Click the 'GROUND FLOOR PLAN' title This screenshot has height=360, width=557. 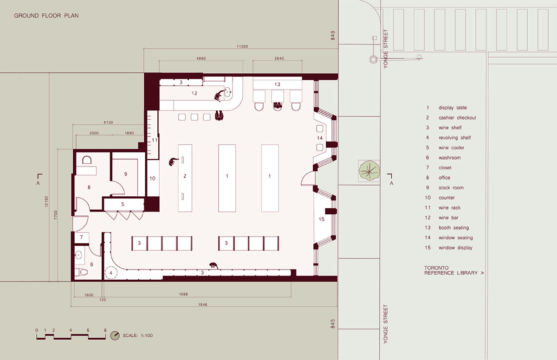[46, 16]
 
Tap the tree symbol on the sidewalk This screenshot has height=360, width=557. [369, 170]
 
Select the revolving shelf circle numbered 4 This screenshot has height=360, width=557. [111, 273]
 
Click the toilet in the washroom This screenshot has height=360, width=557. [82, 272]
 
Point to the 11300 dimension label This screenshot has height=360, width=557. [242, 46]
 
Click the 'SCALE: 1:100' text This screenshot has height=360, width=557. [138, 335]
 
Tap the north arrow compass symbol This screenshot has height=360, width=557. [115, 335]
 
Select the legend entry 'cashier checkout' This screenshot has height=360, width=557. [457, 118]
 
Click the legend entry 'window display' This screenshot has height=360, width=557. [455, 248]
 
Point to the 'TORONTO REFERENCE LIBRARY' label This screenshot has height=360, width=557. [454, 270]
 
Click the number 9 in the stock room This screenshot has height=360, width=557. [126, 174]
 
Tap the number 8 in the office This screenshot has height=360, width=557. [89, 187]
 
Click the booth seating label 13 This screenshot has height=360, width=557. [277, 84]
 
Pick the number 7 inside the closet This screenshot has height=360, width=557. [81, 237]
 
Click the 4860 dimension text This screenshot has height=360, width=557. [201, 58]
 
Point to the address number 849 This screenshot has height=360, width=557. [333, 36]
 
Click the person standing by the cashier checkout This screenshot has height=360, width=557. [173, 162]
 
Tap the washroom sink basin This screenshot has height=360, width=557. [78, 255]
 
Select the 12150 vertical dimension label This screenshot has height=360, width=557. [46, 201]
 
